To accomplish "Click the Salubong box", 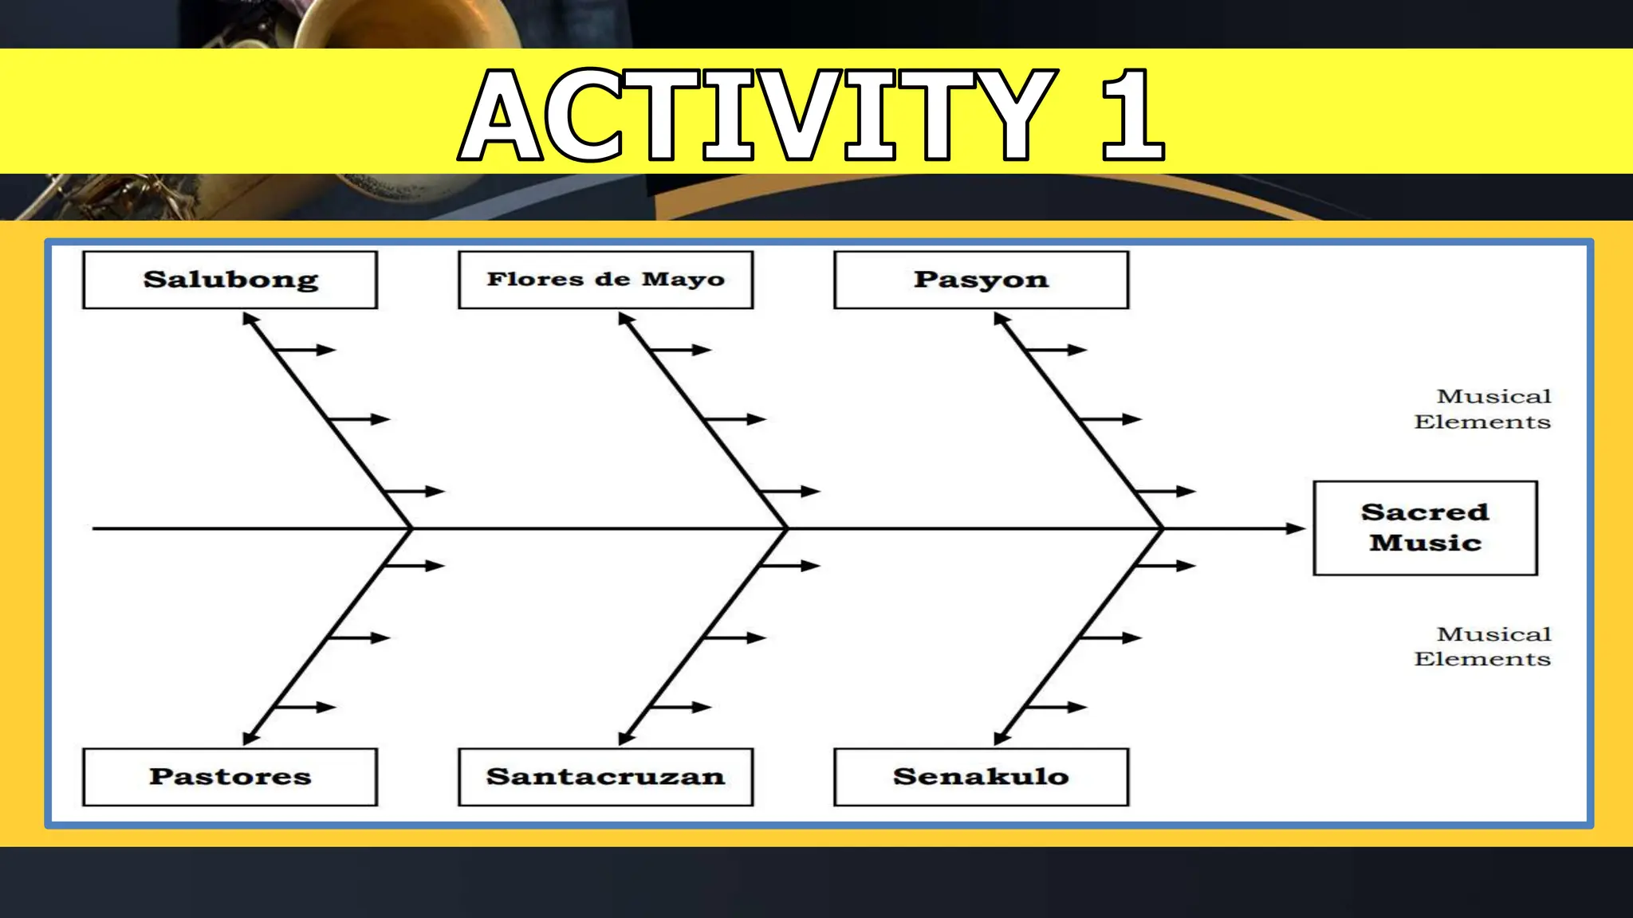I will click(x=230, y=280).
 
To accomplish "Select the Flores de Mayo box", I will click(x=605, y=280).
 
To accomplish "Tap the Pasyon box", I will click(x=981, y=280).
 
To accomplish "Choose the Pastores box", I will click(x=230, y=776).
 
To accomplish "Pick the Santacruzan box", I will click(x=605, y=776).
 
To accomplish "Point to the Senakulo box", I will click(x=981, y=776).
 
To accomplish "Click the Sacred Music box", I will click(x=1425, y=528).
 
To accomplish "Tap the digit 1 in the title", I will click(x=1133, y=115).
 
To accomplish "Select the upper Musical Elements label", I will click(x=1483, y=409).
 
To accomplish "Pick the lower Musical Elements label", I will click(x=1483, y=646).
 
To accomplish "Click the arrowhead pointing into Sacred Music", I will click(x=1296, y=528).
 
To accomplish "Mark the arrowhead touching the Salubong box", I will click(x=250, y=320).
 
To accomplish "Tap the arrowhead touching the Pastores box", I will click(x=250, y=738).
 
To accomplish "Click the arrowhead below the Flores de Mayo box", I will click(x=625, y=320).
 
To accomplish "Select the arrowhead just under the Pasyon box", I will click(x=1001, y=320).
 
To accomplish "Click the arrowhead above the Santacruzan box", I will click(x=626, y=738).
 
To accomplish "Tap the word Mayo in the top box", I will click(x=683, y=280).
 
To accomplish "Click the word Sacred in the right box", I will click(x=1425, y=512).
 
